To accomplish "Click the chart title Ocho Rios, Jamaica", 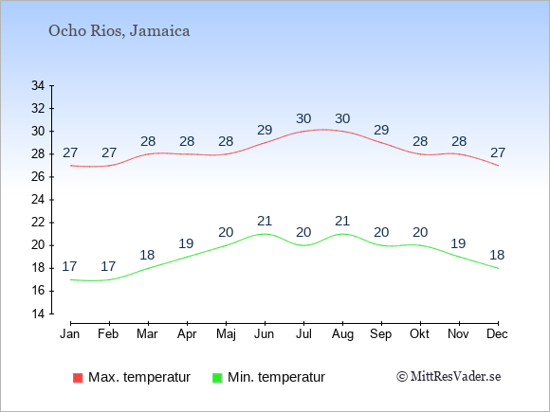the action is tap(119, 31).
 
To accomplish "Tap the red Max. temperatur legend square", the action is tap(78, 378).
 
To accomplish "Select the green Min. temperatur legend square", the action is tap(217, 378).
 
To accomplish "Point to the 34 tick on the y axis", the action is tap(38, 85).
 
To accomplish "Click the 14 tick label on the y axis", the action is tap(38, 313).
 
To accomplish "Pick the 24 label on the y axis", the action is tap(38, 200).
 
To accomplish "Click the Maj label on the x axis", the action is tap(226, 334).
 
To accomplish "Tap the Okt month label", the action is tap(419, 334).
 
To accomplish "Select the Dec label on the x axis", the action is tap(498, 334).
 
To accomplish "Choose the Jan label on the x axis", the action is tap(70, 334).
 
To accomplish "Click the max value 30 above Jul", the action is tap(303, 118).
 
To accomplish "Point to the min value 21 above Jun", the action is tap(265, 221).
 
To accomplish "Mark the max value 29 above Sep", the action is tap(381, 130).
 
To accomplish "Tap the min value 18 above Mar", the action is tap(147, 255).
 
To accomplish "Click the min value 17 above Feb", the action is tap(108, 266).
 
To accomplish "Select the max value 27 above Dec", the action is tap(498, 152).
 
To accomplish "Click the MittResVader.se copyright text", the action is tap(449, 377).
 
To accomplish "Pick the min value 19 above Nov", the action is tap(458, 243).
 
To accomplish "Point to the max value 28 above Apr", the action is tap(187, 141).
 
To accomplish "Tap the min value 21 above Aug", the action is tap(342, 221).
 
